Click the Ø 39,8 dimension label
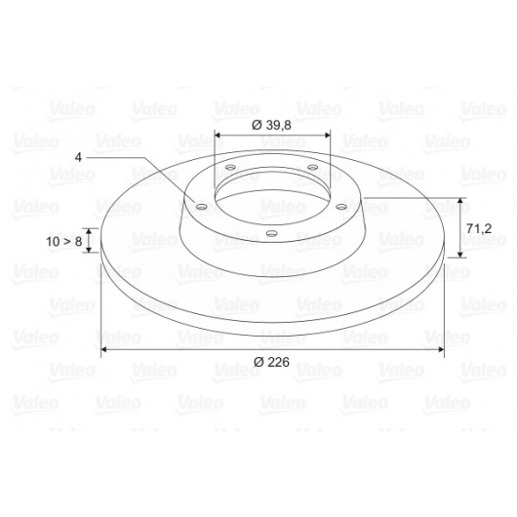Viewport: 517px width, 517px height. pyautogui.click(x=271, y=125)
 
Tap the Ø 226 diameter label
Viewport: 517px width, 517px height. pyautogui.click(x=271, y=362)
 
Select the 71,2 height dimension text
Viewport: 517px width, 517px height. pyautogui.click(x=479, y=228)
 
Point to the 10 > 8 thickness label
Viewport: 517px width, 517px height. pyautogui.click(x=64, y=241)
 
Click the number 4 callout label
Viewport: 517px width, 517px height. pyautogui.click(x=78, y=157)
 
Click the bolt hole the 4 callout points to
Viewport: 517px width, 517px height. pyautogui.click(x=202, y=207)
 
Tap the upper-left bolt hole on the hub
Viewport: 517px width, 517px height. pyautogui.click(x=230, y=168)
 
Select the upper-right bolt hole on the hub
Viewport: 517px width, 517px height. pyautogui.click(x=313, y=168)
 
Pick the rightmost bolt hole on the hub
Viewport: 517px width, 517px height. pyautogui.click(x=341, y=207)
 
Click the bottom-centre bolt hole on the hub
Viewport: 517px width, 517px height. pyautogui.click(x=272, y=233)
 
